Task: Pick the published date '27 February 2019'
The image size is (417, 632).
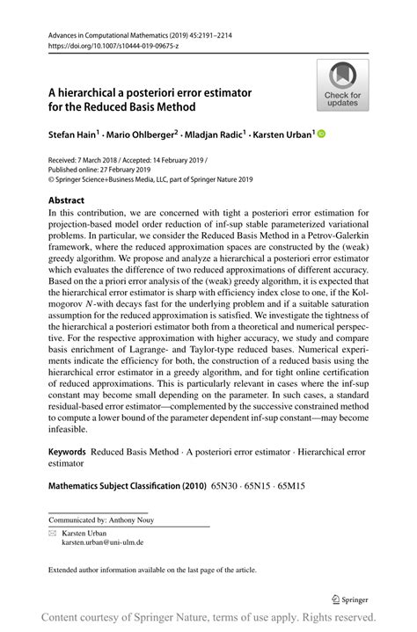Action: point(124,172)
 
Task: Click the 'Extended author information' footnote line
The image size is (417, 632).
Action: point(152,570)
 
